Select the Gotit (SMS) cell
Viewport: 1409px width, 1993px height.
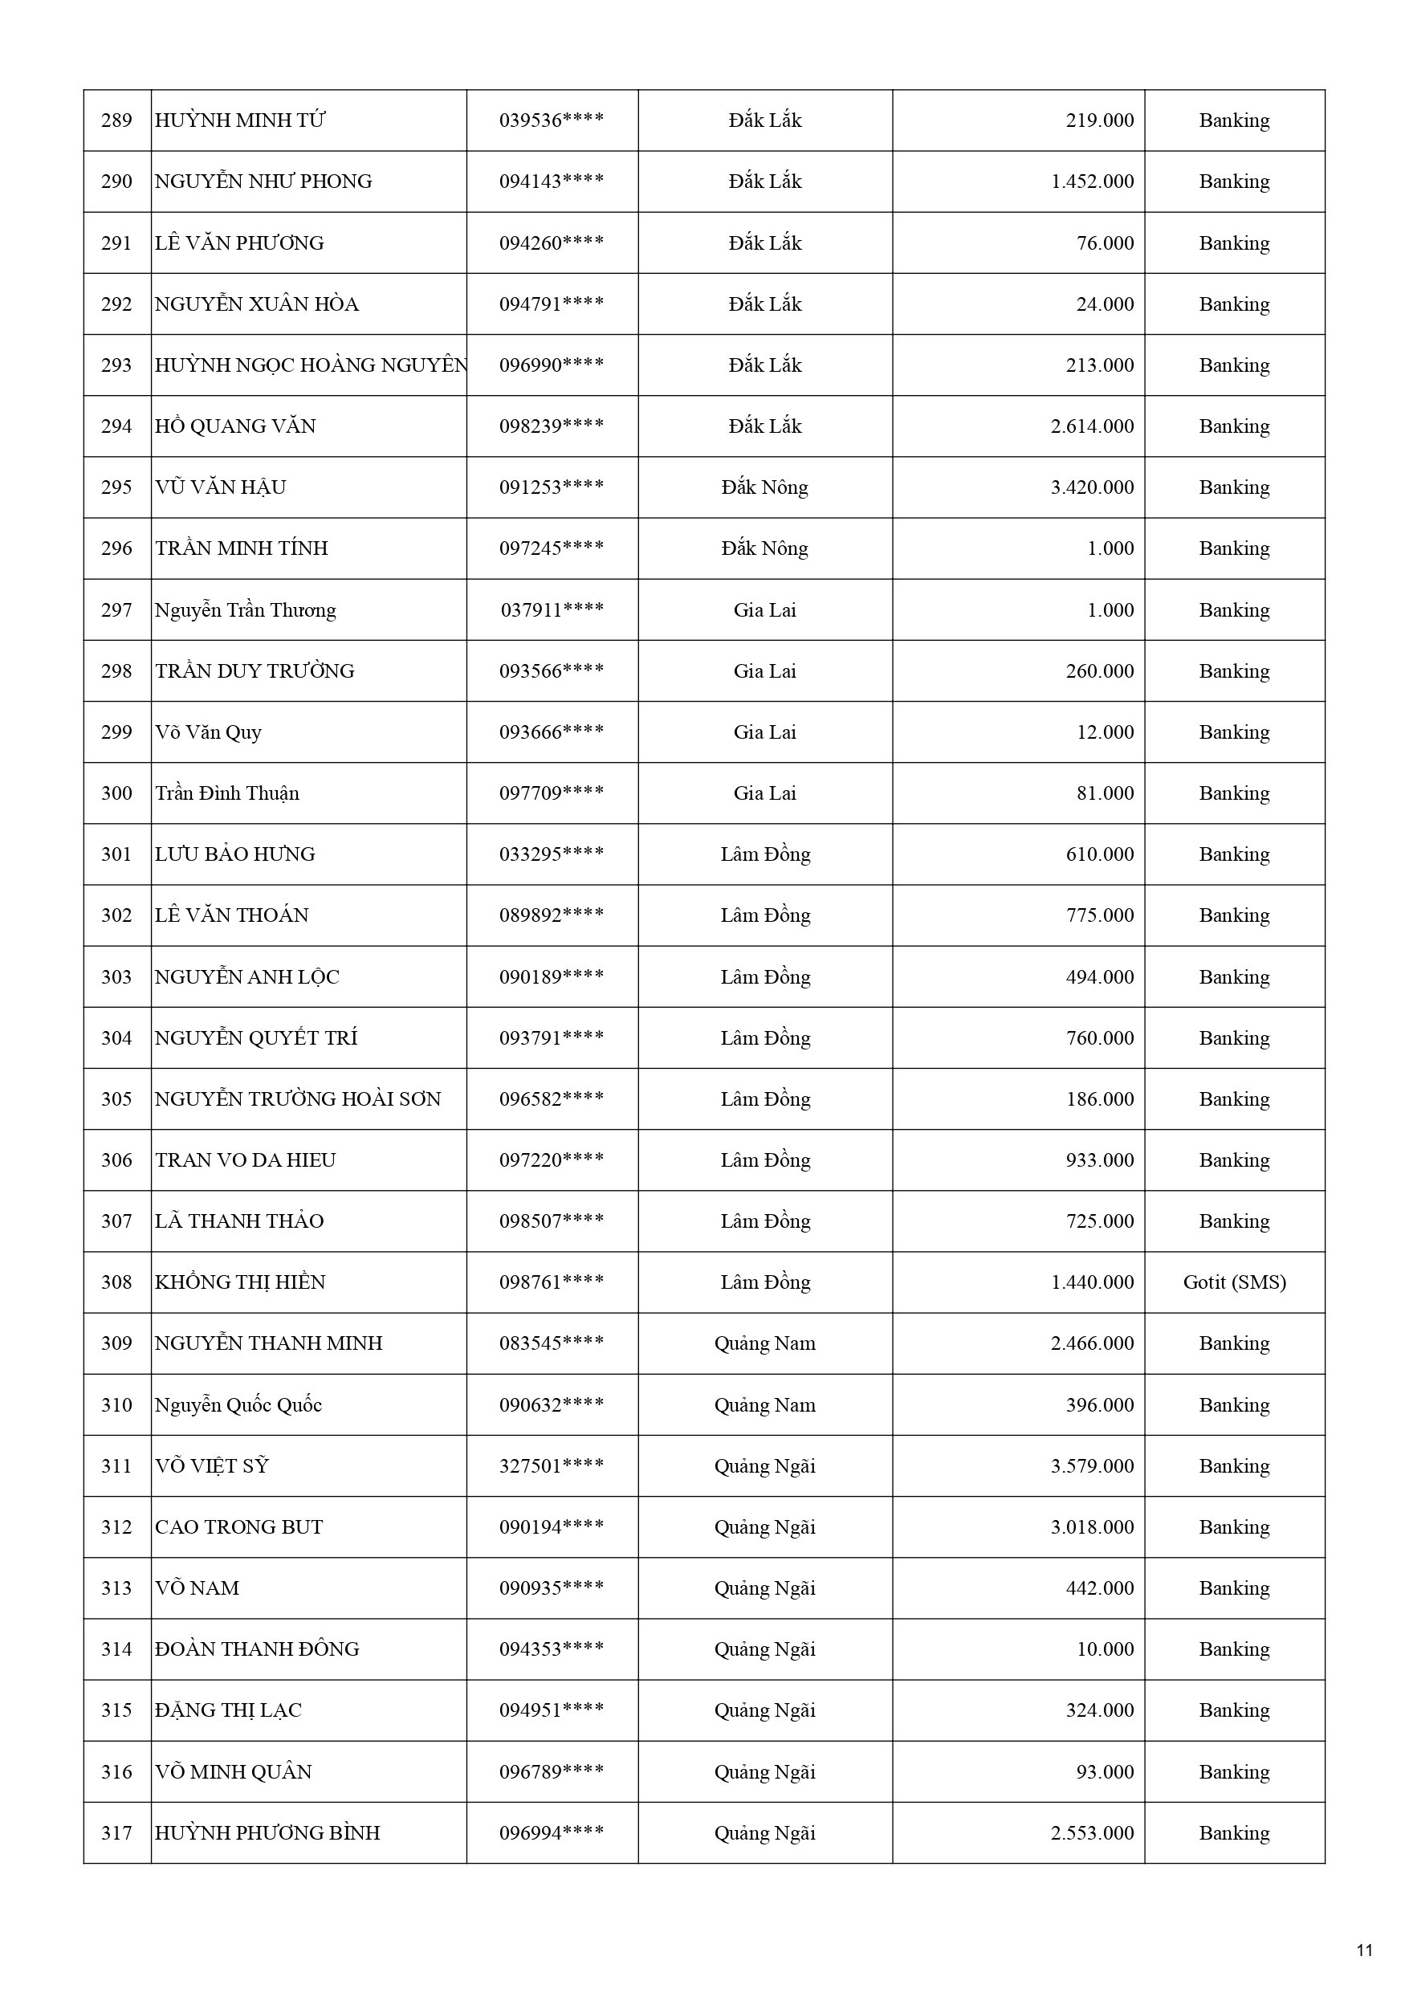(1234, 1282)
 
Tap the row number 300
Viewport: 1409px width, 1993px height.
(116, 793)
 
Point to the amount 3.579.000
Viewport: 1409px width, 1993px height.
(1091, 1466)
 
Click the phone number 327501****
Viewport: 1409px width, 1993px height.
(552, 1466)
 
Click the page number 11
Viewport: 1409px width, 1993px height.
(1364, 1950)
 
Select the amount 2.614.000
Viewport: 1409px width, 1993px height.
(1091, 426)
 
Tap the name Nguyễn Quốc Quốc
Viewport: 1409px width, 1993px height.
(238, 1405)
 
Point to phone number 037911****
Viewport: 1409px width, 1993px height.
(552, 610)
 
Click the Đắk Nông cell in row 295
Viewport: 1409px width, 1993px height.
(764, 488)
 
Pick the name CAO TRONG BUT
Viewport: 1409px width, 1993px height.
(238, 1526)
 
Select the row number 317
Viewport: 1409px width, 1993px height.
(116, 1833)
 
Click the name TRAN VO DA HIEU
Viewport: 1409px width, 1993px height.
(245, 1160)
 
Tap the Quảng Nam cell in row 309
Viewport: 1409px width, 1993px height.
(764, 1343)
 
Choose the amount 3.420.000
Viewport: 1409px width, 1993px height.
(1091, 488)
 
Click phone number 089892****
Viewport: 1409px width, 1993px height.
(552, 915)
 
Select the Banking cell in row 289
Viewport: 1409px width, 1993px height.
(1234, 120)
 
